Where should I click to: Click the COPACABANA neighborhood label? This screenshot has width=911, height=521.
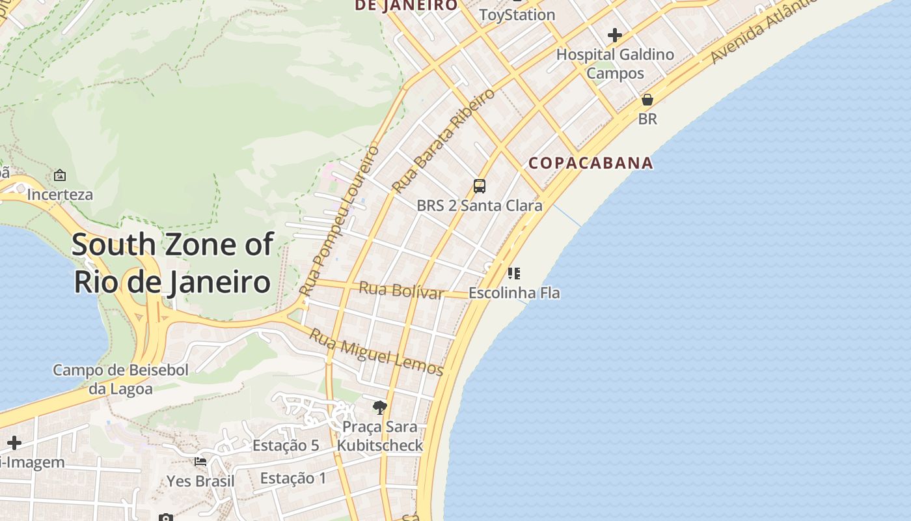590,163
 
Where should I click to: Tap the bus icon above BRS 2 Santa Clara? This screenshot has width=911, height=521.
480,186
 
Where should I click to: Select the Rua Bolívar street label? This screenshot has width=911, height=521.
401,290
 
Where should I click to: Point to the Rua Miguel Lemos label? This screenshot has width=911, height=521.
375,352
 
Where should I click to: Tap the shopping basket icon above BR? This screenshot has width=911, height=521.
647,100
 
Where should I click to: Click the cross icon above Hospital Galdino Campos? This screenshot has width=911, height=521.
614,35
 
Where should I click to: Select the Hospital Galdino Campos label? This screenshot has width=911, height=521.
615,64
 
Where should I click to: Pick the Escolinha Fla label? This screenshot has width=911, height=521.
514,293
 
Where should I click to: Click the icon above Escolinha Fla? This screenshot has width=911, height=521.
514,274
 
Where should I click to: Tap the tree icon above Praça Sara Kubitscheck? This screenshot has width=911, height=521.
380,408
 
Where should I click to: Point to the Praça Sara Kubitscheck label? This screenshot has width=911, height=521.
380,436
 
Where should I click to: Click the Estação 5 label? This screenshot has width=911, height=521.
286,445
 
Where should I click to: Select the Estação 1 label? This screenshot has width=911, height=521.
293,478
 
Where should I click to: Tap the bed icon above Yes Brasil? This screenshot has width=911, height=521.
200,462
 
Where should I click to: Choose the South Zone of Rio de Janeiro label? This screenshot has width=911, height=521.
172,263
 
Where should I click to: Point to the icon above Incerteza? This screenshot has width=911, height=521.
60,175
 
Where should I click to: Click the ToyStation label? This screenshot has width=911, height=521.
517,14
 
